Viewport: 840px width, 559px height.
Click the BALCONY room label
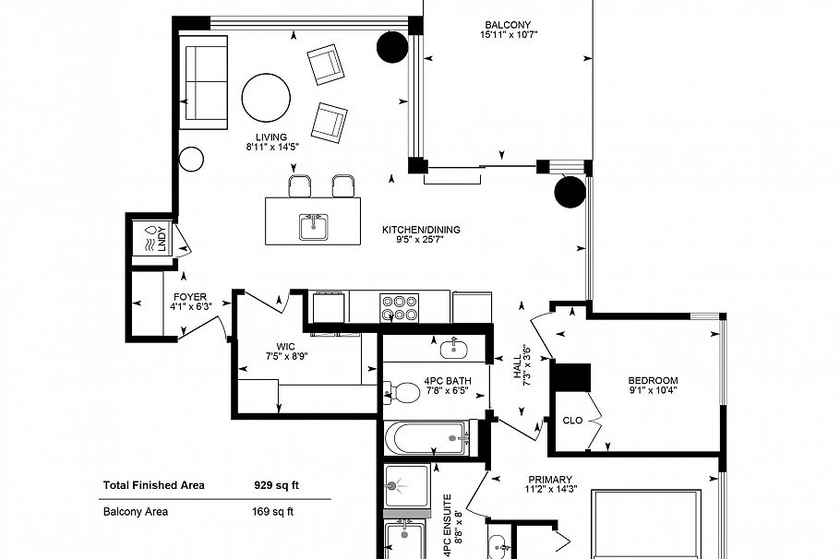(x=508, y=25)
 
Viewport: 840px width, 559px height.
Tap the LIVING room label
(x=271, y=137)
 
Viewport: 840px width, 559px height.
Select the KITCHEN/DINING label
(x=421, y=230)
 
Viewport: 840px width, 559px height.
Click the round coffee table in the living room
(x=266, y=98)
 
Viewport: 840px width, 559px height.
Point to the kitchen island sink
(x=314, y=227)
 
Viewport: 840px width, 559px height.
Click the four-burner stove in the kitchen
(x=399, y=308)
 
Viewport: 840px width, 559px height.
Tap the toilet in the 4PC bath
(x=402, y=393)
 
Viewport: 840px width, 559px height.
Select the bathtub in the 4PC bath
(x=427, y=438)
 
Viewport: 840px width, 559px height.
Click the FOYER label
(x=189, y=297)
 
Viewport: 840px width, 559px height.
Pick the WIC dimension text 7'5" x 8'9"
(x=286, y=356)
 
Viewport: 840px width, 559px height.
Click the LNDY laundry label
(x=162, y=238)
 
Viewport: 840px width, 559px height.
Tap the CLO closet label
(x=572, y=421)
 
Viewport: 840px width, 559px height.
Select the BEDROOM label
(x=653, y=381)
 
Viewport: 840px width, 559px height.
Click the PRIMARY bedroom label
(x=550, y=480)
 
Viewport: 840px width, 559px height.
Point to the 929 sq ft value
(x=276, y=485)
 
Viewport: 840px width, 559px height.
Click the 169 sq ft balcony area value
(x=272, y=511)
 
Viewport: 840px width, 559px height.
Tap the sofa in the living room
(x=204, y=83)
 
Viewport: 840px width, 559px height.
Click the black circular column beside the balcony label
(x=392, y=48)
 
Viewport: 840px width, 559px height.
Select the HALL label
(x=518, y=367)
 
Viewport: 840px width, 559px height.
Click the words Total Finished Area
(x=154, y=485)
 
